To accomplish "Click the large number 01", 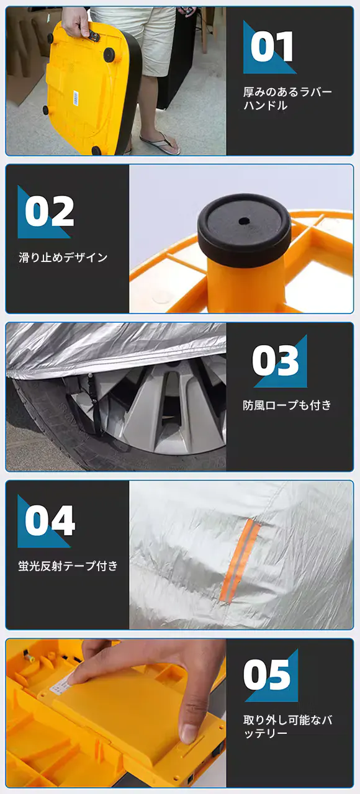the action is [272, 47].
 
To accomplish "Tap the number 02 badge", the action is [49, 211].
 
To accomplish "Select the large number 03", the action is [276, 361].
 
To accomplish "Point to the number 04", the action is [50, 520].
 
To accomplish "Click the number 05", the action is [267, 674].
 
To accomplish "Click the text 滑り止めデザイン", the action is [63, 258].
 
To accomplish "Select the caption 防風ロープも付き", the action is [287, 405].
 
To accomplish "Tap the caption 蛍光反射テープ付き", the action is [68, 566].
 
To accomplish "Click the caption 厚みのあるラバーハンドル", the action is [287, 99].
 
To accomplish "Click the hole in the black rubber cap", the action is [244, 222].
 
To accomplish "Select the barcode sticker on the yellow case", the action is [76, 97].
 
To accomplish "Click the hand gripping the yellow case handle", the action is [76, 21].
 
